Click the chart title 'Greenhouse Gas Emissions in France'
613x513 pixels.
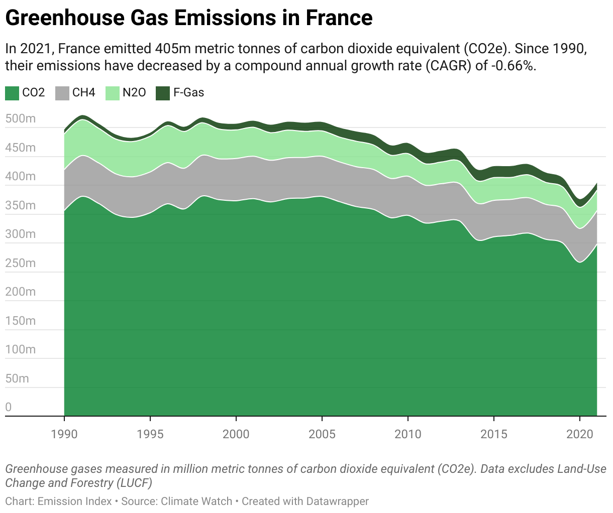tap(188, 18)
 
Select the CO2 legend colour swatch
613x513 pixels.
tap(12, 93)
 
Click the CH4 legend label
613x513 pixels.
tap(83, 93)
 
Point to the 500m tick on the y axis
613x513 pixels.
tap(21, 119)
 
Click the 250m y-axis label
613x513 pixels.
tap(21, 264)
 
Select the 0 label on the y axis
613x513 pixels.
tap(9, 407)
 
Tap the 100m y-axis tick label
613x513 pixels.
tap(21, 349)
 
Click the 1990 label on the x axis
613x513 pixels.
tap(64, 434)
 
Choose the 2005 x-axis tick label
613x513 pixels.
tap(322, 434)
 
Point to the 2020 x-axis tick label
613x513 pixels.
tap(580, 434)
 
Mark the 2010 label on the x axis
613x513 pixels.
tap(408, 434)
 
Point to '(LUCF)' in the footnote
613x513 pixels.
tap(135, 483)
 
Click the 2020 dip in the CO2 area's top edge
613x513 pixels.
tap(580, 262)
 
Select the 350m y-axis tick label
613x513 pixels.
tap(21, 206)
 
